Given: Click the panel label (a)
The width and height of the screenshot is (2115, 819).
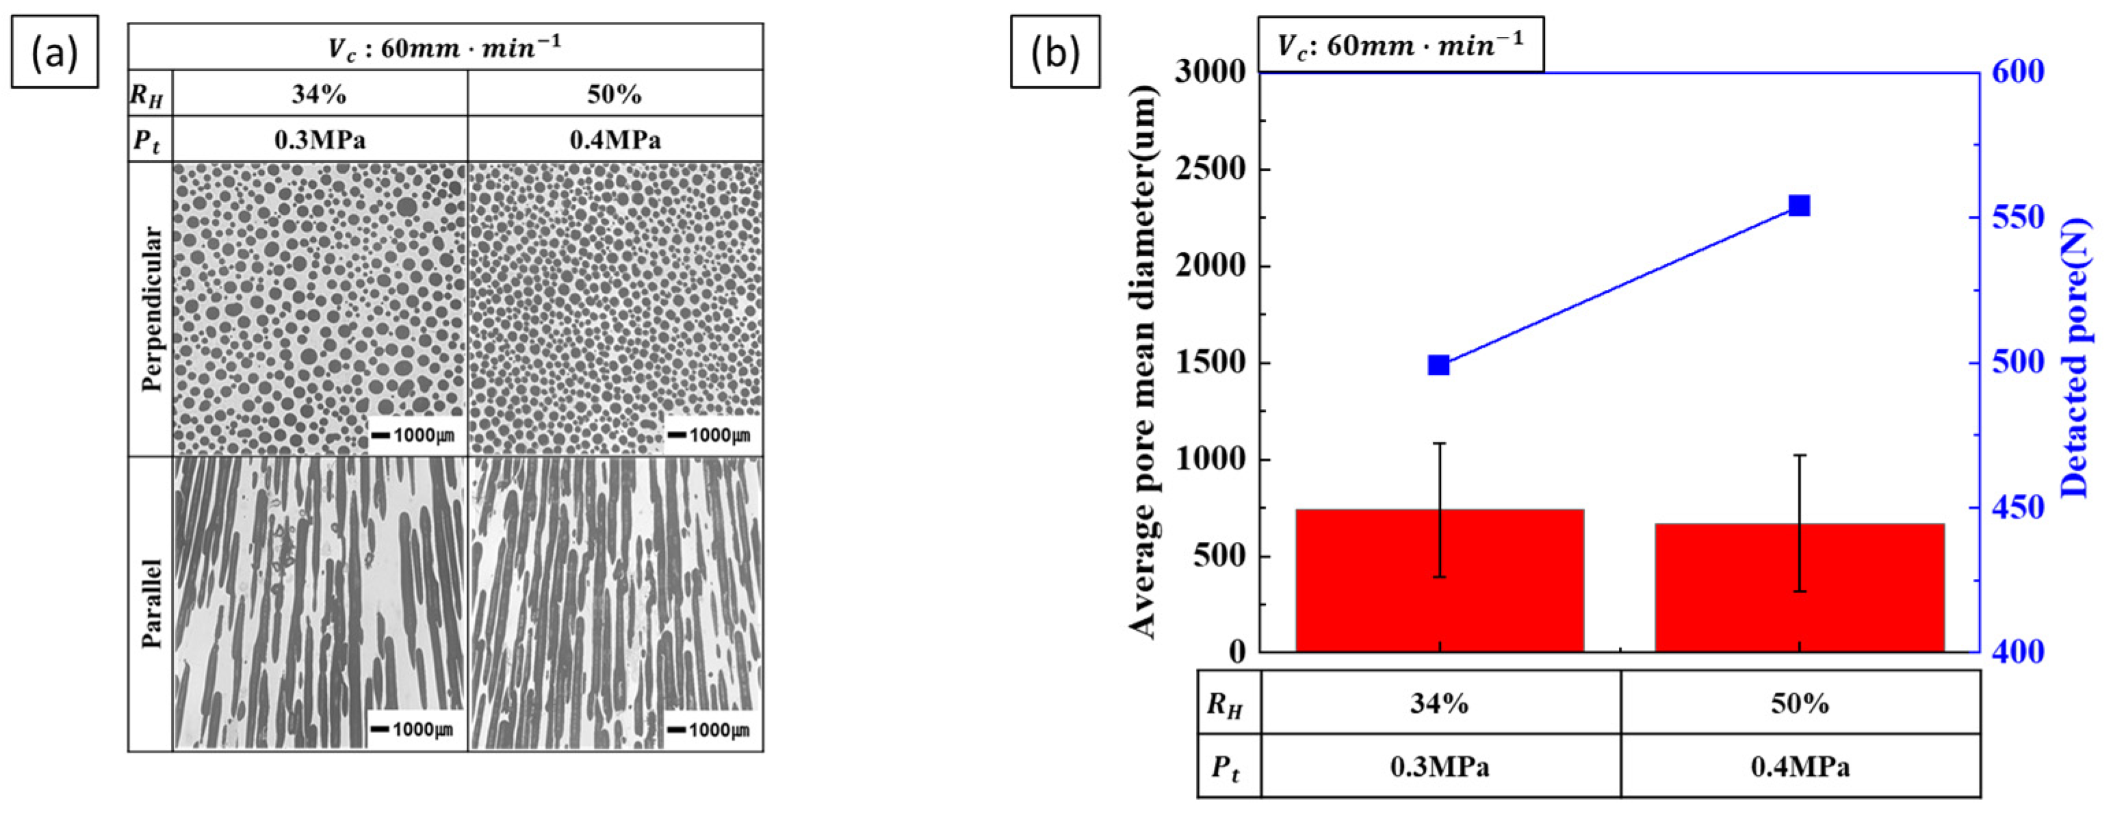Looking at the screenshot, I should (54, 52).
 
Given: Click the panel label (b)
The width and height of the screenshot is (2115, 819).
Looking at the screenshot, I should (1054, 52).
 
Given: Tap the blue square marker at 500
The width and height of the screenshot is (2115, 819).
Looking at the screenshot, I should (1438, 365).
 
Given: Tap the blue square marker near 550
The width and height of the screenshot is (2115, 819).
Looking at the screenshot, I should (1799, 205).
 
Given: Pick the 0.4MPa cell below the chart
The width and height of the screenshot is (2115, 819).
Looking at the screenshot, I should (1800, 766).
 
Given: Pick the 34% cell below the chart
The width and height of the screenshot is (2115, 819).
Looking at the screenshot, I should (1439, 703).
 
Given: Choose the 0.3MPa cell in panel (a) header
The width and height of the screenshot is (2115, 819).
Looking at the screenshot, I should (320, 140).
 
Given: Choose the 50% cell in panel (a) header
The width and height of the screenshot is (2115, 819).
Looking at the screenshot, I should (614, 94).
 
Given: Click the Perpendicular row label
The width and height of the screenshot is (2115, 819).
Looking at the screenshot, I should (151, 309).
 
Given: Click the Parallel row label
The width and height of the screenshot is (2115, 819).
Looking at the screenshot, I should (151, 603).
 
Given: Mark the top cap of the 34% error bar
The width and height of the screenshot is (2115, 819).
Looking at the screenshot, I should (1439, 443).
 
